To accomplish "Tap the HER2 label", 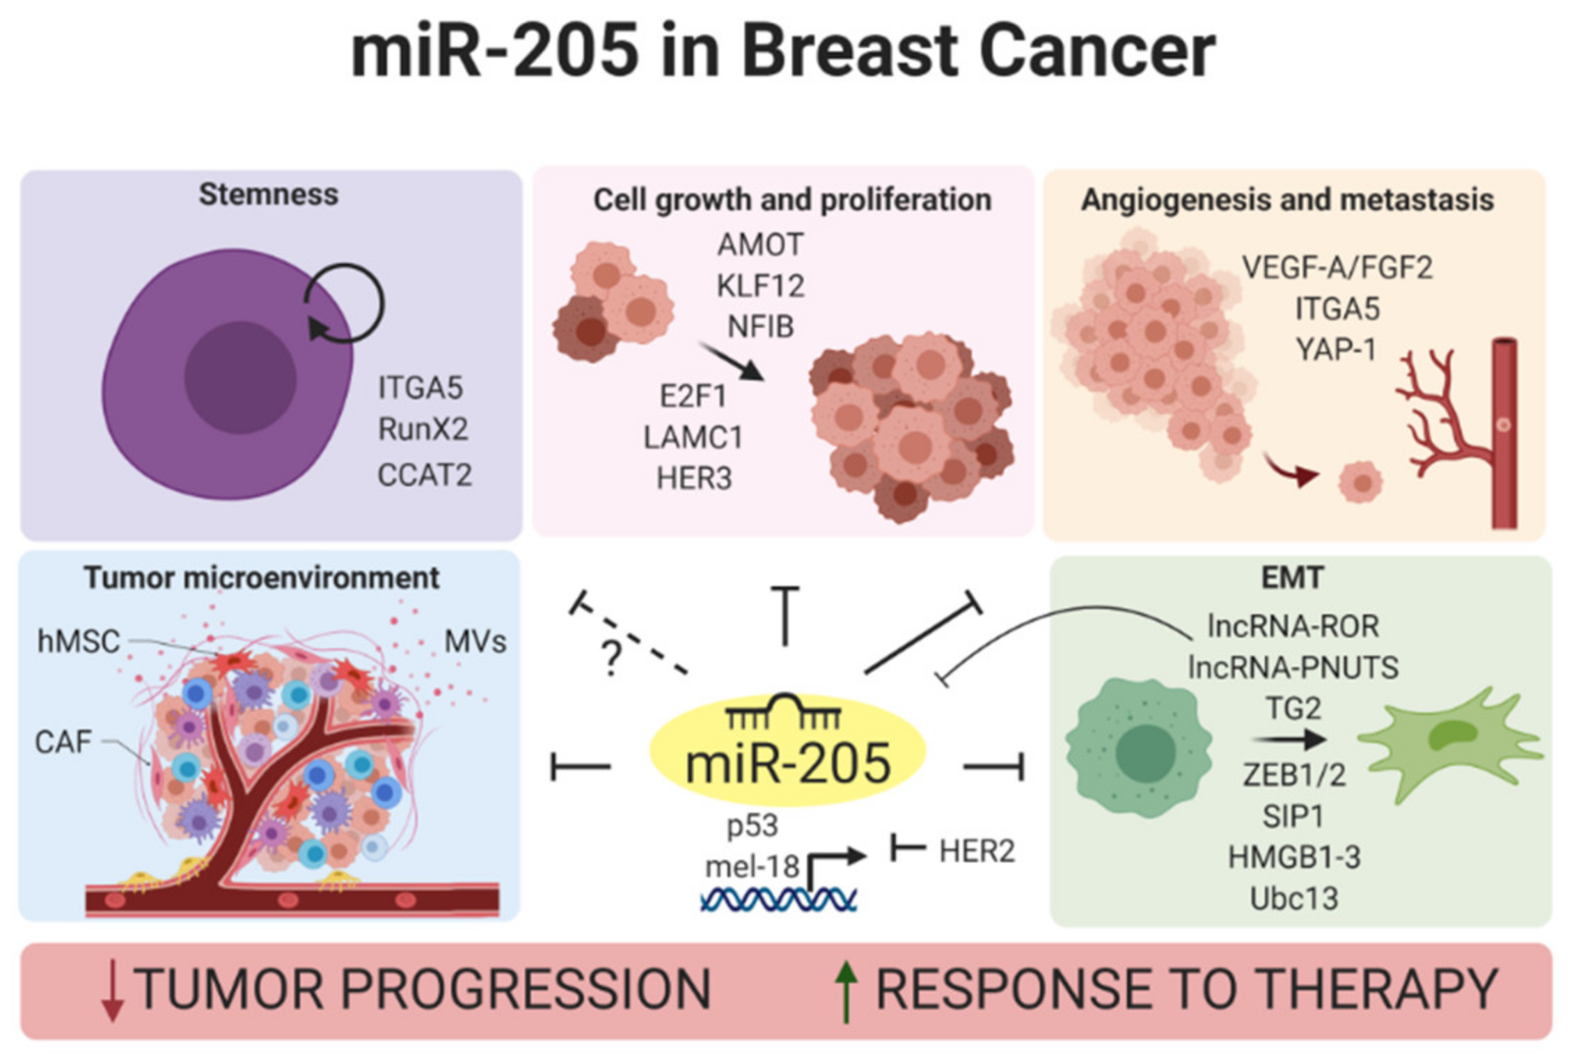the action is (x=977, y=851).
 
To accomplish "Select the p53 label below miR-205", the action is (x=752, y=826).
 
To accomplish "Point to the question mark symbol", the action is (x=611, y=657).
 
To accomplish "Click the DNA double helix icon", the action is (x=778, y=899).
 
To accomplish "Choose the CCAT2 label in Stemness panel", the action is (x=425, y=475).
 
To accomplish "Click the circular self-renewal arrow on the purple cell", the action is (x=345, y=304).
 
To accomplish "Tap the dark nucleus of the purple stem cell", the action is (x=240, y=377).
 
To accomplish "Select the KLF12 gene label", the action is (x=760, y=286).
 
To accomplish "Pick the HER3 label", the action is (x=694, y=479).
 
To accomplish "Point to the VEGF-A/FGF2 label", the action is (x=1337, y=268).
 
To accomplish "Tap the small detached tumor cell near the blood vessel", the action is (x=1360, y=481).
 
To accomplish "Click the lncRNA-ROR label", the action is (x=1293, y=626).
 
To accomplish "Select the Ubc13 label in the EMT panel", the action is (x=1293, y=898).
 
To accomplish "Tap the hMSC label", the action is (x=78, y=641).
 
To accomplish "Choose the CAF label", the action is (x=63, y=742).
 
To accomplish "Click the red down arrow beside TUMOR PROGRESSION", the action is (x=112, y=991).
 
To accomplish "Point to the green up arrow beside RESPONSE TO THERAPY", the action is (x=846, y=991).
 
